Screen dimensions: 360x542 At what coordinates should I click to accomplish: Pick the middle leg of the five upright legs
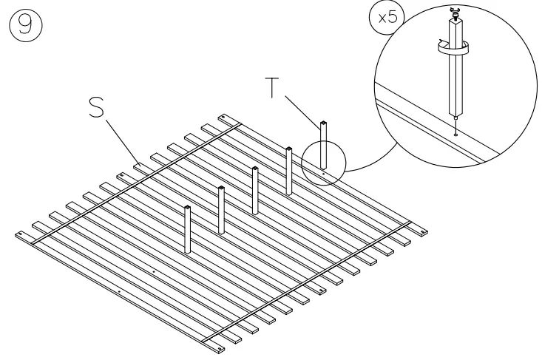click(x=255, y=189)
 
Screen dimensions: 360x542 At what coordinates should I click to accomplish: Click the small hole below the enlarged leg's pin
click(x=457, y=134)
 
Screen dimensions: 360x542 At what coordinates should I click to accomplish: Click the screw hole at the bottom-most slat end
click(x=220, y=344)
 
